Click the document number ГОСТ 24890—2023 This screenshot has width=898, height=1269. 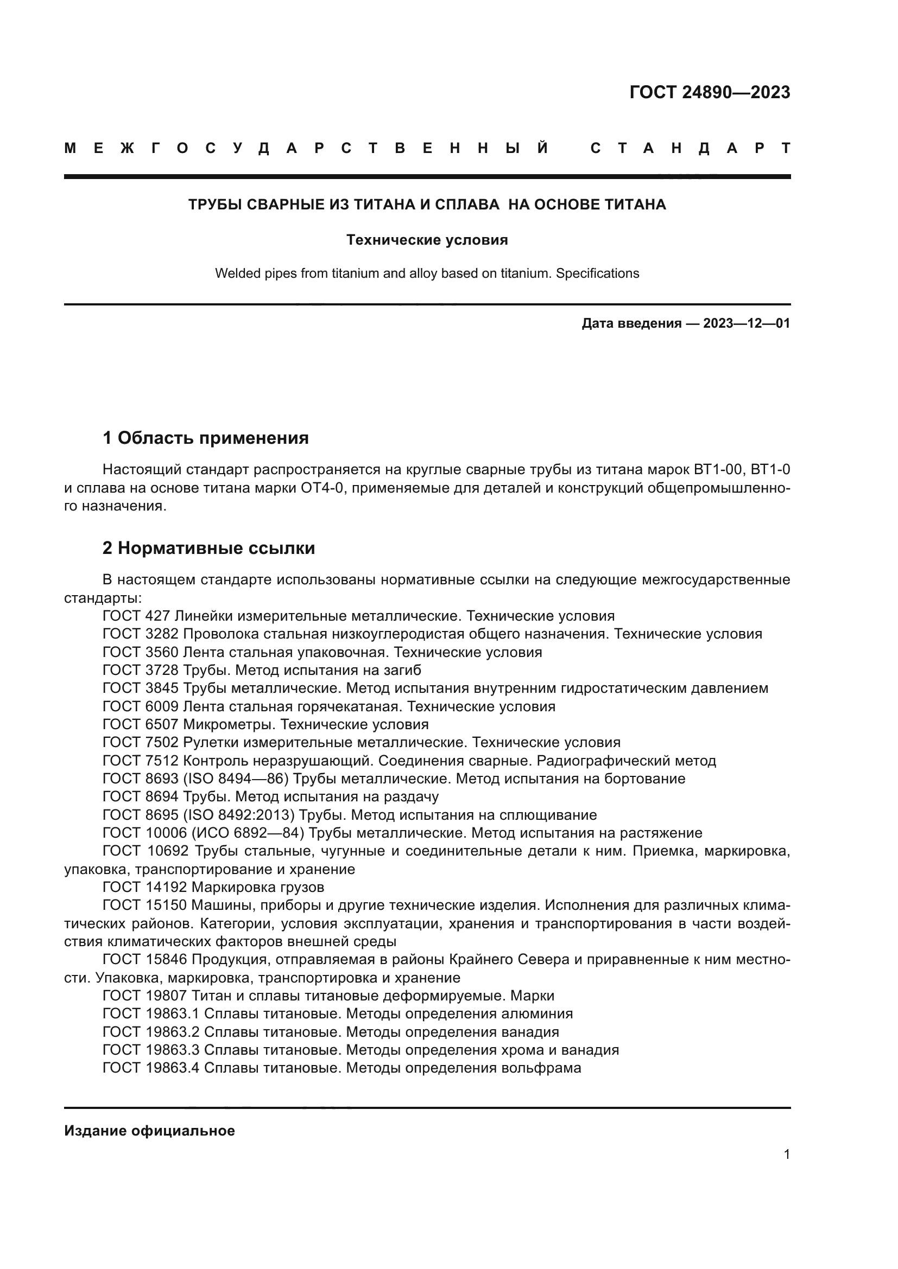coord(710,92)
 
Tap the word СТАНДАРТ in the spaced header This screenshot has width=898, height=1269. coord(690,148)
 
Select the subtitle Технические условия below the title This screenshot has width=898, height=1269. coord(427,240)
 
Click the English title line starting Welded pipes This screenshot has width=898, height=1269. coord(427,273)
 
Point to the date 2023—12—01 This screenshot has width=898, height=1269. coord(747,323)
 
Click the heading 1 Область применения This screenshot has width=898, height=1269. coord(206,438)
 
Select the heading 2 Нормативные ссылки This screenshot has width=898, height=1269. coord(208,548)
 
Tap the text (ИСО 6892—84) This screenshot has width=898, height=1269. coord(249,833)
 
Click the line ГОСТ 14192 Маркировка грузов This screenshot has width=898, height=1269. coord(213,887)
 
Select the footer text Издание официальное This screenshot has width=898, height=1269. coord(149,1130)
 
